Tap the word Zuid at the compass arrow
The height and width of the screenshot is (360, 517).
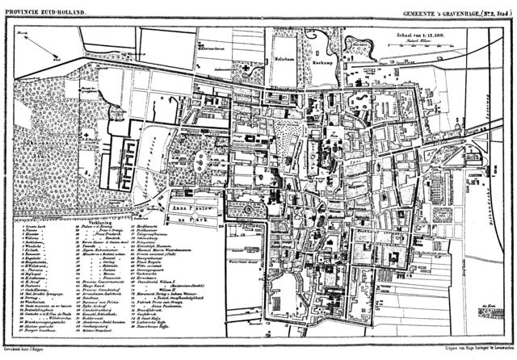pos(53,59)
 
